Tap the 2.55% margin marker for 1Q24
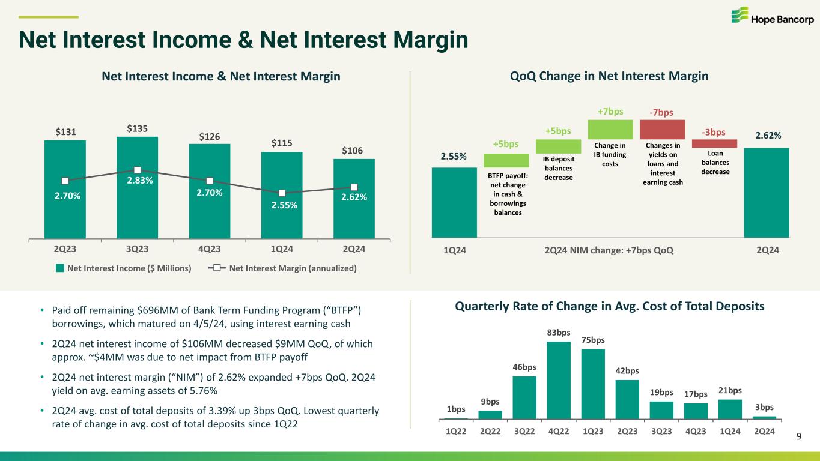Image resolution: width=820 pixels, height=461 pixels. (x=282, y=193)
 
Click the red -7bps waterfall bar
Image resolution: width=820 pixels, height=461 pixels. (x=662, y=129)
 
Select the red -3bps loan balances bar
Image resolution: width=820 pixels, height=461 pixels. (x=714, y=143)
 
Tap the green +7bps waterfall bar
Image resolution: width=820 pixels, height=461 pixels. (x=610, y=129)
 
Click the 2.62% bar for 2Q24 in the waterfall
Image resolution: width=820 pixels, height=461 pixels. (x=766, y=192)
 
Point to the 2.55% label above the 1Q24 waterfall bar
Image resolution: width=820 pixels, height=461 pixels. (x=454, y=157)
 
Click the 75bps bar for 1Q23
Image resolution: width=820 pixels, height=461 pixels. (x=593, y=383)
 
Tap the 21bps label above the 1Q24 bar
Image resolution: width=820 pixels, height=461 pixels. (x=730, y=391)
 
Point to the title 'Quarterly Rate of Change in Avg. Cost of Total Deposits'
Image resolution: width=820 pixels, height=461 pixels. (x=610, y=306)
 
